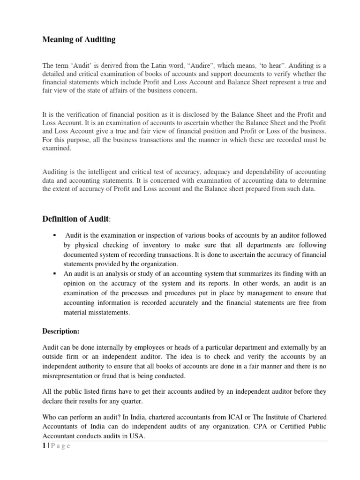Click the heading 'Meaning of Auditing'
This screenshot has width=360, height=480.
coord(78,40)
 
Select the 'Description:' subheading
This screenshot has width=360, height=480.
coord(61,331)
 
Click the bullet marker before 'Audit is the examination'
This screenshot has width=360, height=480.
coord(55,235)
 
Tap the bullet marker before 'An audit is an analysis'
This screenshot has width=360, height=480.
coord(55,274)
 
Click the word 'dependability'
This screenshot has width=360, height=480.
coord(255,172)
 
